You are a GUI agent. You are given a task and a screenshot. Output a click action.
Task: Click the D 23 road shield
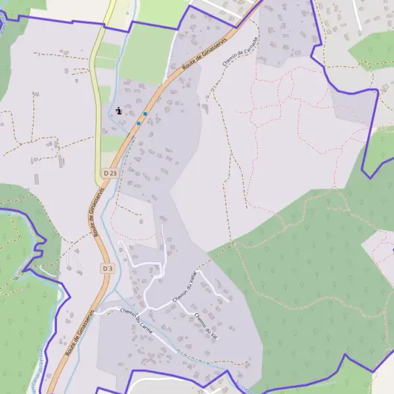(110, 173)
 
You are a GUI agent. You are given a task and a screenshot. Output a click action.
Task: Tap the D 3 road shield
(108, 269)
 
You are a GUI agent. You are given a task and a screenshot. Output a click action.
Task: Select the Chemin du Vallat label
(185, 288)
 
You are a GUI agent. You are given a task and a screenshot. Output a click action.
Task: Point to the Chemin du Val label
(206, 326)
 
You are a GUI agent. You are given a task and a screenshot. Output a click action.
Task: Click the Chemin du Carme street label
(137, 322)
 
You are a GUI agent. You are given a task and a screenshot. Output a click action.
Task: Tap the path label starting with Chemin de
(241, 51)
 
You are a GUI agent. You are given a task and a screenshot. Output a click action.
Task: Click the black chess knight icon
(119, 111)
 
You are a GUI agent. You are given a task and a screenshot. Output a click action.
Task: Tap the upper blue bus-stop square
(145, 114)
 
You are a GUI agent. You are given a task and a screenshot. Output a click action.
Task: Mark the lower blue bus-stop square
(139, 123)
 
